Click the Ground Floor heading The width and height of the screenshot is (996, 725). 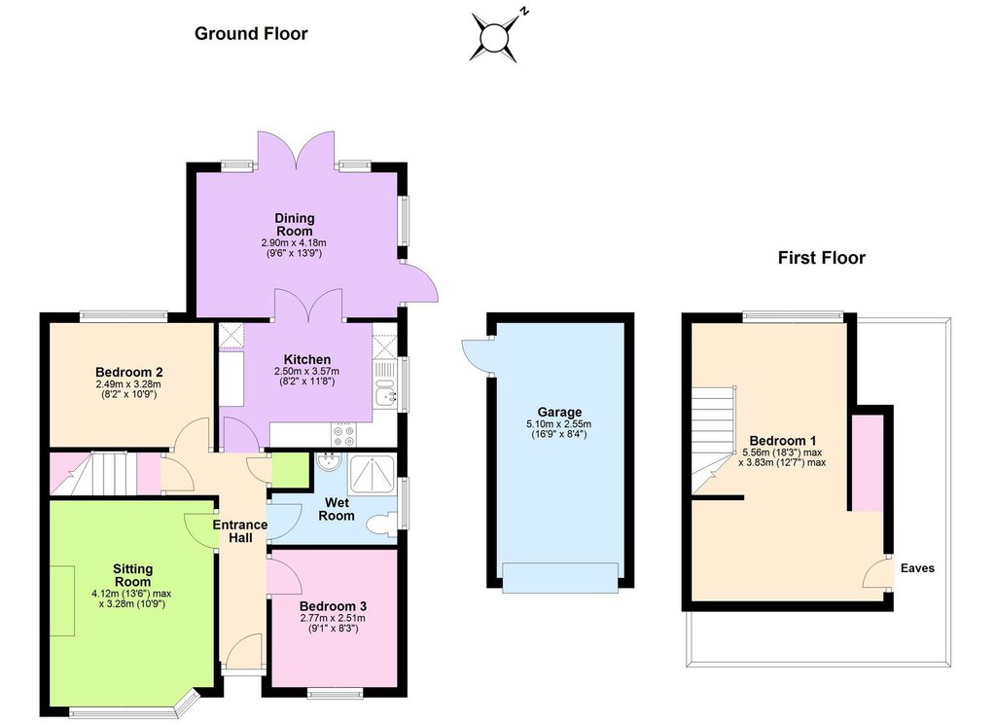(251, 34)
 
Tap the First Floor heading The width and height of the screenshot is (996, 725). (821, 258)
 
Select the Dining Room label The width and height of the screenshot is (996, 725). (294, 224)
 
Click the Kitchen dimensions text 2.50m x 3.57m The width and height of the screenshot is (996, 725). (306, 371)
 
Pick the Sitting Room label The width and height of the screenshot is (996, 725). (132, 575)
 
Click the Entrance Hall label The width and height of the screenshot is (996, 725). (240, 531)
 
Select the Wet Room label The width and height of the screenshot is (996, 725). (336, 509)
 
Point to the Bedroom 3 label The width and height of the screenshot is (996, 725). (333, 606)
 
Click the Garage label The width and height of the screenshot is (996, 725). (559, 412)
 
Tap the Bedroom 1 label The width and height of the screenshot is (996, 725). (783, 440)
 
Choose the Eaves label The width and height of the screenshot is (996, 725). (917, 568)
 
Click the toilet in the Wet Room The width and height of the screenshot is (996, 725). (380, 526)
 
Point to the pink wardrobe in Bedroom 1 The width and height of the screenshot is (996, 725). (867, 462)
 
